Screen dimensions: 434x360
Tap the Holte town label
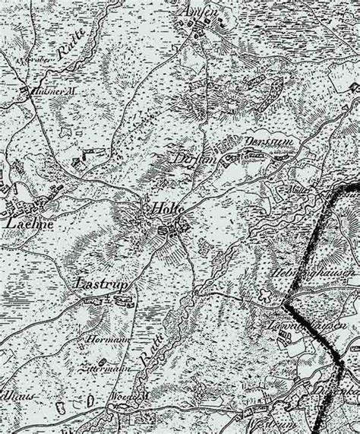coord(163,207)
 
